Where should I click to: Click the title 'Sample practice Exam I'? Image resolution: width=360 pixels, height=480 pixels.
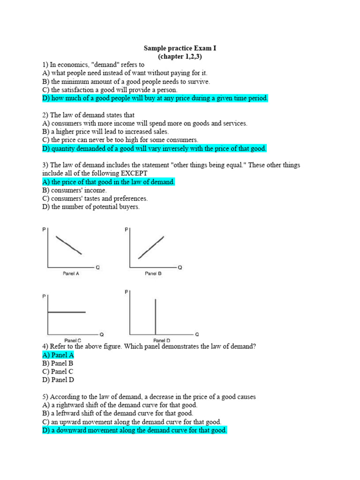[x=180, y=48]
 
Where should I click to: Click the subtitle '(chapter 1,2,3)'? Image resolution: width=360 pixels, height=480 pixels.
[x=180, y=57]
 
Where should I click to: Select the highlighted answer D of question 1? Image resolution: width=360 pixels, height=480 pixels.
[x=155, y=98]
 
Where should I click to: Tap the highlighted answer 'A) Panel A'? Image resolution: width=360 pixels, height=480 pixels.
[x=58, y=355]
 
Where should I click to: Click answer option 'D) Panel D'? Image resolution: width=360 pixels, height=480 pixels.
[x=58, y=380]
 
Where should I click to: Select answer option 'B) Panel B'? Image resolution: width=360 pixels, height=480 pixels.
[x=58, y=364]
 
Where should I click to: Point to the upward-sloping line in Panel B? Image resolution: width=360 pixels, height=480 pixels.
[x=151, y=247]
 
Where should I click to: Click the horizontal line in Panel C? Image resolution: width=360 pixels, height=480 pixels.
[x=66, y=312]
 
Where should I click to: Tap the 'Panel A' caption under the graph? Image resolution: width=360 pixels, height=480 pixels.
[x=71, y=274]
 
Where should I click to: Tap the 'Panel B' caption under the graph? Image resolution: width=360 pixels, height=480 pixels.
[x=153, y=274]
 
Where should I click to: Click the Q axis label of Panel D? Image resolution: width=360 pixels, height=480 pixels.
[x=196, y=335]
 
